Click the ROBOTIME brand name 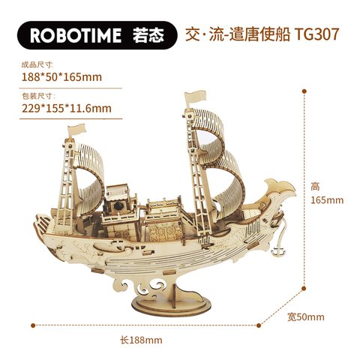(x=76, y=35)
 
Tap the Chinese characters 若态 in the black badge (x=148, y=35)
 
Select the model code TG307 (x=316, y=34)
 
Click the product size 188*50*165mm (x=61, y=77)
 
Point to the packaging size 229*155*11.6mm (x=67, y=109)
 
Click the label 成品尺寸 (x=37, y=64)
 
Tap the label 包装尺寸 (x=38, y=96)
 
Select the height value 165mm (x=327, y=200)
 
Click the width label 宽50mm (x=306, y=317)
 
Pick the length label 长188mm (x=141, y=340)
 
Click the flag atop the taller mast (x=195, y=98)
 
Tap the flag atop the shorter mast (x=76, y=130)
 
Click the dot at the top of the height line (x=304, y=91)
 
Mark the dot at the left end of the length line (x=33, y=325)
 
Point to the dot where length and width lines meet (x=259, y=325)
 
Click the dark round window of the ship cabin (x=118, y=206)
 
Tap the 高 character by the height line (x=315, y=187)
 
